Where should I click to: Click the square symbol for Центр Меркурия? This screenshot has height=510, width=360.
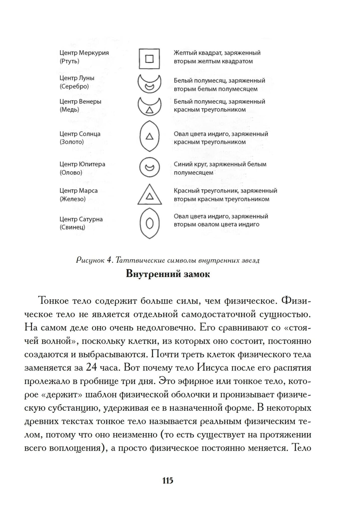149,58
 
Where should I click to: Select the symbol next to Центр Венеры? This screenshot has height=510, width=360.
149,105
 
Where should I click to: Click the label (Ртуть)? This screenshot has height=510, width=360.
69,61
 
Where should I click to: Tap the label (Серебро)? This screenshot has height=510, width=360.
74,86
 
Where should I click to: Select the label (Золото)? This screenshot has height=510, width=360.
72,142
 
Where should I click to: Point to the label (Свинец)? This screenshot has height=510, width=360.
72,227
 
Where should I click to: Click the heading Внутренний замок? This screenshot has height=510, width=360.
168,274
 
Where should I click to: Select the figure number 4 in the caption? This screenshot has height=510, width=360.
109,260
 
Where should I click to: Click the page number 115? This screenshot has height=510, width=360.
168,481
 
